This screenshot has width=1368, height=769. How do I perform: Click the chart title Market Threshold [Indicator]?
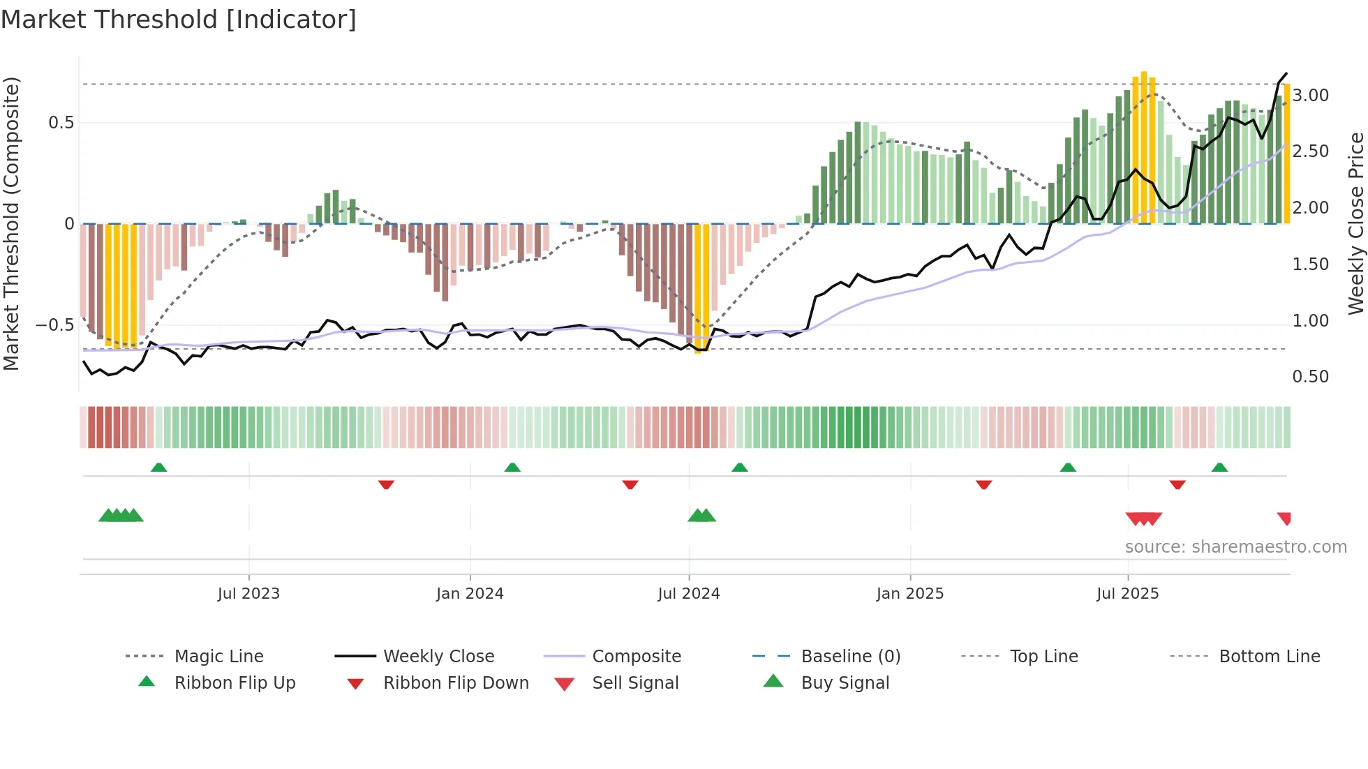[179, 20]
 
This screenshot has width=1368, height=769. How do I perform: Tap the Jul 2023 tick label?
[248, 594]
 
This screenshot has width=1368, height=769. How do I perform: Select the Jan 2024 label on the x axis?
[470, 594]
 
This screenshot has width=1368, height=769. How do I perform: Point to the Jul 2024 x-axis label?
[689, 594]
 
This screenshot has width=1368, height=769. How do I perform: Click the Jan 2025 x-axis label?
[910, 594]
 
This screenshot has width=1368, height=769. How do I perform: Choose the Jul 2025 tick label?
[1128, 594]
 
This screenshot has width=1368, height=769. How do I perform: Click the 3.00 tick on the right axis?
[1310, 96]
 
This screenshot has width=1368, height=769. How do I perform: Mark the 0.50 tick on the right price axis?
[1310, 377]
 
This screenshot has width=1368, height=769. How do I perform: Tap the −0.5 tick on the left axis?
[54, 325]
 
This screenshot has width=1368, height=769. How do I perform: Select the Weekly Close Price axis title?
[1355, 223]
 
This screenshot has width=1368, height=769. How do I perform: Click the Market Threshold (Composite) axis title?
[11, 223]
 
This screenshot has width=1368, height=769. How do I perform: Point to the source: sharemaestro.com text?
[1235, 547]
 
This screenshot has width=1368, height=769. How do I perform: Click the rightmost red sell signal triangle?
[1285, 518]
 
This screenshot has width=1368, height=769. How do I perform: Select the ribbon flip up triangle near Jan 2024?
[512, 468]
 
